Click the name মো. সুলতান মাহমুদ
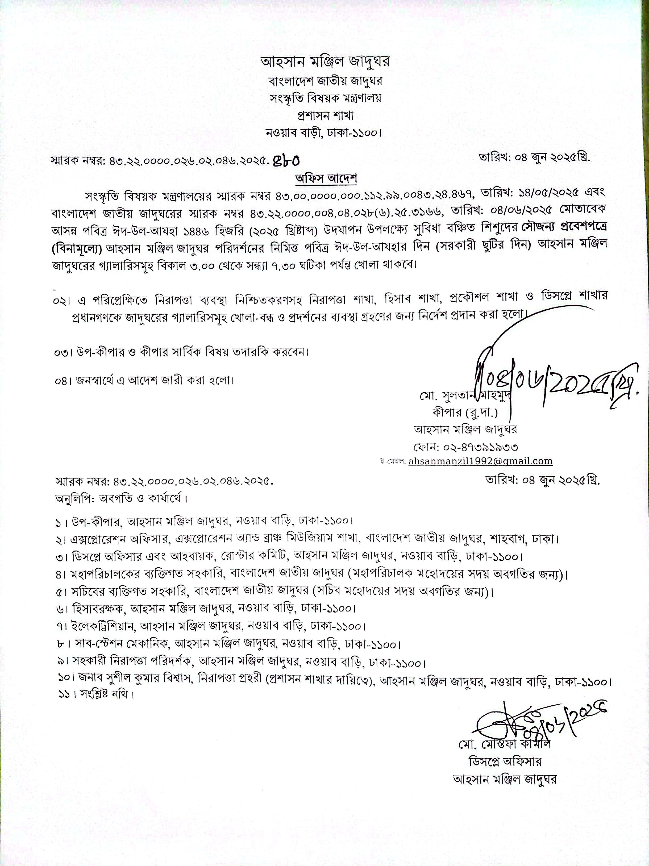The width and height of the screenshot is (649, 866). [464, 396]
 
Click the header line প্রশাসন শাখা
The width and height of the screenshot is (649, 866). [325, 116]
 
